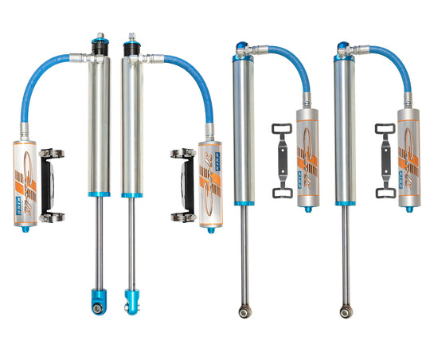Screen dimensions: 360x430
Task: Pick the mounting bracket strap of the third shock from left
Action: click(282, 159)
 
